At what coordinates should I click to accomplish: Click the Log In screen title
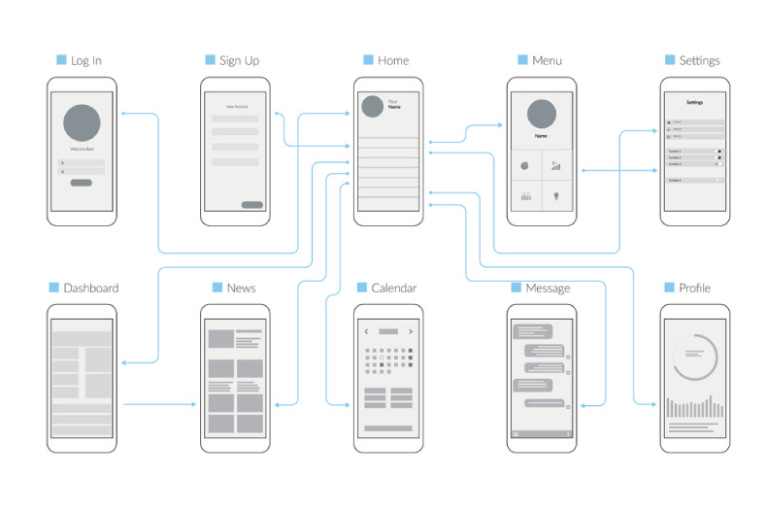click(85, 60)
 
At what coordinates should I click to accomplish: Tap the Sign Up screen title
click(239, 60)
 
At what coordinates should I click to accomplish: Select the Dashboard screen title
click(90, 288)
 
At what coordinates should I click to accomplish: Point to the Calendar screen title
click(393, 288)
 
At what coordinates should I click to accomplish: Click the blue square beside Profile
click(669, 288)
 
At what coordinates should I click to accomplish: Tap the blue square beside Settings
click(669, 60)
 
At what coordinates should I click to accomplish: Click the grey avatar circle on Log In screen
click(82, 123)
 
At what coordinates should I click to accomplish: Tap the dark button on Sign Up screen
click(251, 205)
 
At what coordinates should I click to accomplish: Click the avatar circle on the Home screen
click(371, 106)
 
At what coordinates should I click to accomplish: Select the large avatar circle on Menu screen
click(542, 115)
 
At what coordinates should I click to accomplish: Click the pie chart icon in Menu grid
click(524, 165)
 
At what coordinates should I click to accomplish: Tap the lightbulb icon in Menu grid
click(557, 196)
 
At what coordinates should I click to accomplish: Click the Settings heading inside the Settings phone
click(694, 101)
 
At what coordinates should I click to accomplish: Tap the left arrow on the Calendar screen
click(366, 331)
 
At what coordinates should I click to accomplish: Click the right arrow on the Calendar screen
click(411, 331)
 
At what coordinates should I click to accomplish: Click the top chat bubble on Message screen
click(533, 331)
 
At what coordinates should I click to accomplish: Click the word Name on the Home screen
click(393, 108)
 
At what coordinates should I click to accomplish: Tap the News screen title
click(241, 288)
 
